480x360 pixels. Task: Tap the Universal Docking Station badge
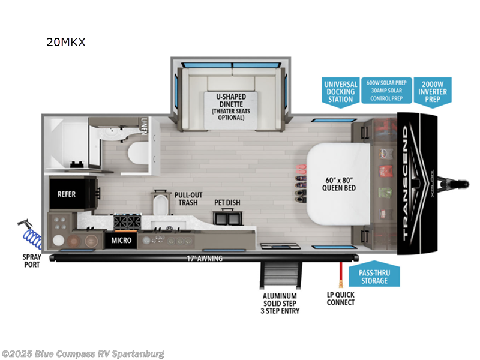click(340, 92)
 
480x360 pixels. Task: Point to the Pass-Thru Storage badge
click(373, 277)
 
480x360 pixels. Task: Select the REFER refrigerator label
click(66, 195)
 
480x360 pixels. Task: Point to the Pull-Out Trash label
click(188, 199)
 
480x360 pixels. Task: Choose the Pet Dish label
click(227, 202)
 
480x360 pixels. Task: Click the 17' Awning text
click(205, 259)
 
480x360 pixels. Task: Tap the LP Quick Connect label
click(341, 298)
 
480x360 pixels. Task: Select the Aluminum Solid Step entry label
click(281, 303)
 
